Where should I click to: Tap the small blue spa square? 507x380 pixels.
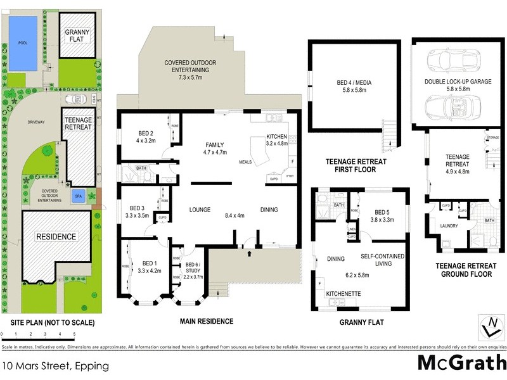tap(78, 195)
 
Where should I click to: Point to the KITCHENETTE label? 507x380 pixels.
tap(343, 294)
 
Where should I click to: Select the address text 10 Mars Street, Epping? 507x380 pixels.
tap(55, 365)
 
